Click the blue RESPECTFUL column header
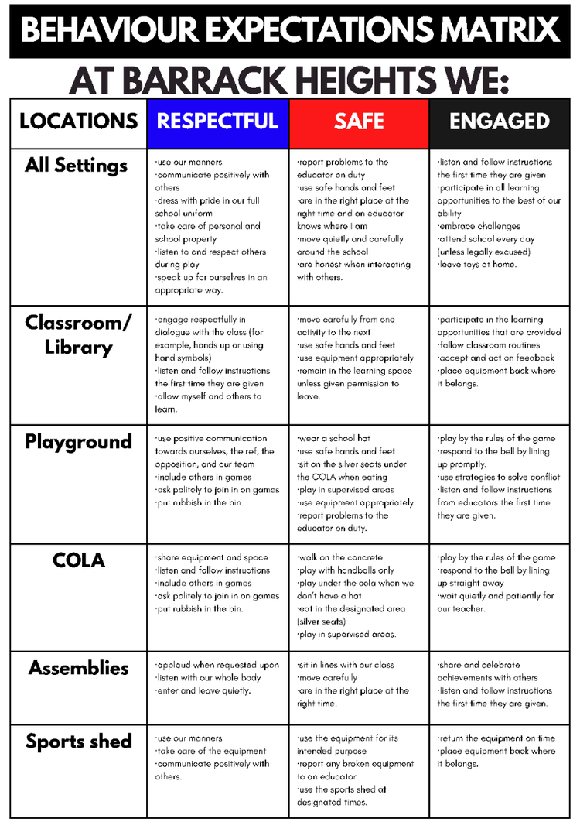(217, 122)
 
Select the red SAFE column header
(359, 122)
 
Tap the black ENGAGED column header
(500, 122)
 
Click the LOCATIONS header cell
(78, 122)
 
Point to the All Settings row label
(76, 166)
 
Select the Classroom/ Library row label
(78, 334)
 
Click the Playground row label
(78, 442)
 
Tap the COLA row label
(78, 560)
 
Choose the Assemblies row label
(78, 668)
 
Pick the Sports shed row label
(78, 742)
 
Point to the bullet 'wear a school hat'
(334, 439)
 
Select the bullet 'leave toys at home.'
(477, 265)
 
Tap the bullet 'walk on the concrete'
(338, 557)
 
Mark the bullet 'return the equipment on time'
(496, 738)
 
